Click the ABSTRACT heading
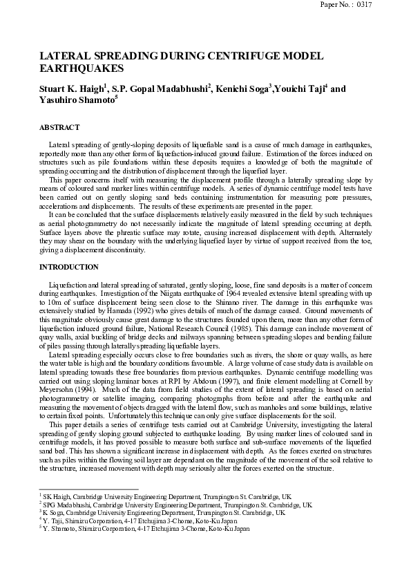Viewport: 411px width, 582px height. [59, 128]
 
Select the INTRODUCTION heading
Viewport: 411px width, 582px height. [69, 267]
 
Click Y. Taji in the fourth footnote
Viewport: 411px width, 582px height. [54, 520]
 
